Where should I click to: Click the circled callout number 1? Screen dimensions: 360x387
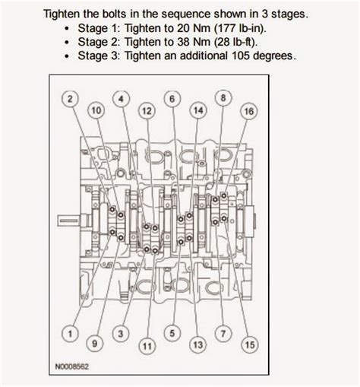pos(70,334)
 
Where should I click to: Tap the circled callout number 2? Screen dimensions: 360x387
pos(70,99)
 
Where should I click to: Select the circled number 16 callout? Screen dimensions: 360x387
pos(248,111)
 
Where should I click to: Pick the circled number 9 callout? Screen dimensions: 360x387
pos(95,344)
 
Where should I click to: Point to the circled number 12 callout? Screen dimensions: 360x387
pos(147,111)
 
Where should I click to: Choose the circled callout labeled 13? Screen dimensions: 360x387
pos(198,345)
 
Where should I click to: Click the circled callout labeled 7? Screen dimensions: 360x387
pos(223,334)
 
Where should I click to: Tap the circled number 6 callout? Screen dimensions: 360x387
pos(172,99)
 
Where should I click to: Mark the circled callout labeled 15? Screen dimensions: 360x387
pos(250,345)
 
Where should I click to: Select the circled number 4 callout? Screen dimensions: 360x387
pos(121,99)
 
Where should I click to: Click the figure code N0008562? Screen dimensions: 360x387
pos(72,366)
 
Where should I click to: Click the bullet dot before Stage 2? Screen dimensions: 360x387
pos(67,43)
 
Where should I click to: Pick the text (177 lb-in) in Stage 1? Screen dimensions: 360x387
pos(240,28)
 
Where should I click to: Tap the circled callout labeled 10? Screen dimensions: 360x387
pos(96,111)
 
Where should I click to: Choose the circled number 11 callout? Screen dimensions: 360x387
pos(147,346)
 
